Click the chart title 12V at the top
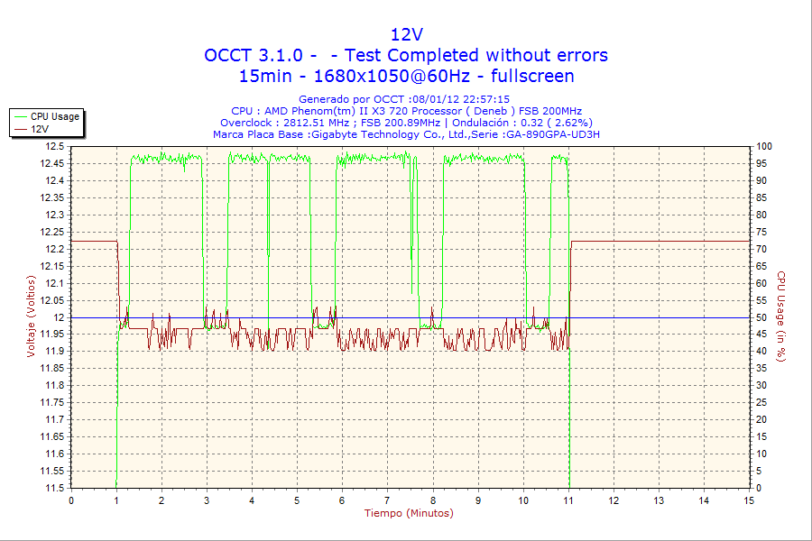406,34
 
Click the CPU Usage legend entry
54,116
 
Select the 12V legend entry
40,129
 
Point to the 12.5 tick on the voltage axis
55,146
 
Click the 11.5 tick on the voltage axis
55,488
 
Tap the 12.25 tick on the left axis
52,232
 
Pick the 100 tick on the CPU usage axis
764,146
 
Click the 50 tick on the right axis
761,317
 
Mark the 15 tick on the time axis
749,500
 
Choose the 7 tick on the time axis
387,500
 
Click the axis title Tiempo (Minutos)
408,513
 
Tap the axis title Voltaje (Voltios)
32,316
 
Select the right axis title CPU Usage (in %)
781,316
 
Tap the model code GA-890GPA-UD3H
552,134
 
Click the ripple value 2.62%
570,123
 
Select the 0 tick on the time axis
71,500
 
